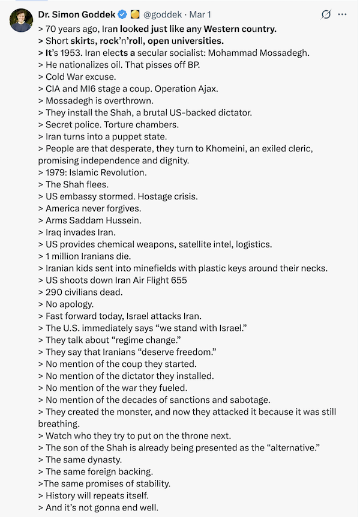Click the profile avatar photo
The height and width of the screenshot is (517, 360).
click(21, 20)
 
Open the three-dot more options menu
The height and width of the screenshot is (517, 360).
click(343, 14)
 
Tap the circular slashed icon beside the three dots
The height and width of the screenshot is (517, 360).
click(326, 14)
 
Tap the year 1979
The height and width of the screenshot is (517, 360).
click(56, 173)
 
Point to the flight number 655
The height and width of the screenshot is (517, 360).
click(178, 280)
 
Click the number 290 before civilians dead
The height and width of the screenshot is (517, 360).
click(54, 292)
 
